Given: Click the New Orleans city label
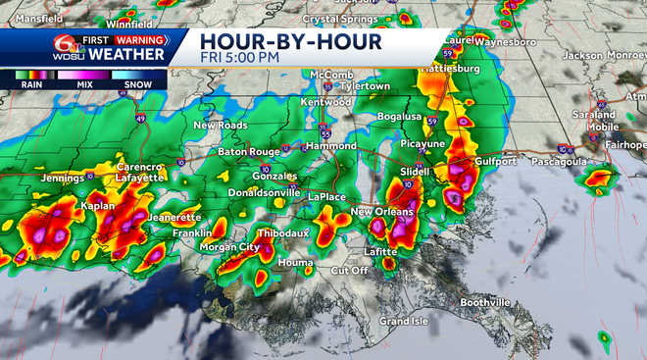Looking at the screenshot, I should tap(381, 212).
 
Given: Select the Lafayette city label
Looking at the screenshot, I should tap(136, 178).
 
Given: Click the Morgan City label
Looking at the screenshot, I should tap(224, 247).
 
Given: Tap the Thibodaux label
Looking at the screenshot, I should tap(282, 233).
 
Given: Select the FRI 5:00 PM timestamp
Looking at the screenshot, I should tap(241, 58).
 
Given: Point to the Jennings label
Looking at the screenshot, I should tap(61, 179).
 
